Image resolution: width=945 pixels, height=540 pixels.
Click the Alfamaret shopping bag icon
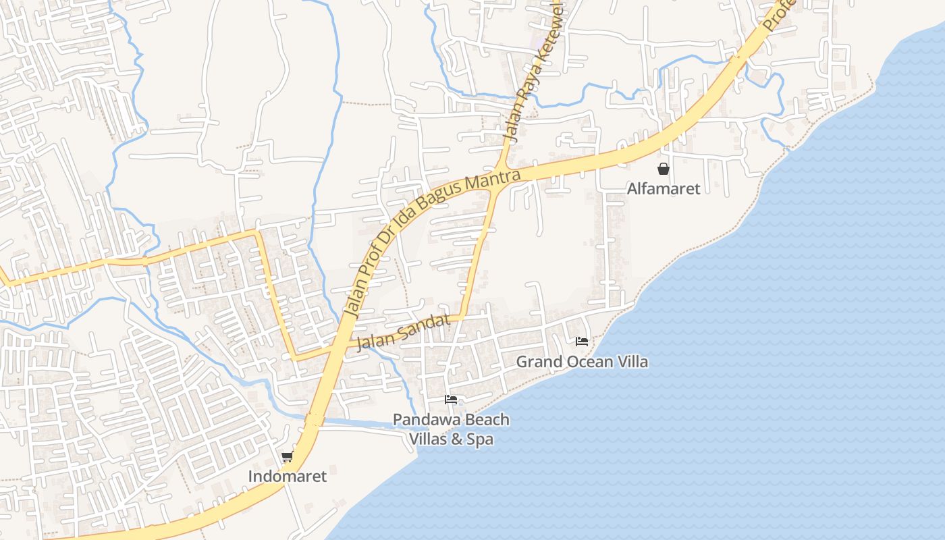[664, 169]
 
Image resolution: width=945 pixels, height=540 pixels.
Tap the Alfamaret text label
[664, 188]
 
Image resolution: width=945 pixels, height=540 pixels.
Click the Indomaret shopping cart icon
[287, 457]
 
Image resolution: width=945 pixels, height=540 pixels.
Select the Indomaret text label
[287, 477]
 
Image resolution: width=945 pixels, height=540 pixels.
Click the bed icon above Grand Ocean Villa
[582, 342]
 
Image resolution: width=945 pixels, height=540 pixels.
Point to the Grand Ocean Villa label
[582, 362]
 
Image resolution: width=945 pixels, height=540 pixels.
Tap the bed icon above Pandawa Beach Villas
[451, 400]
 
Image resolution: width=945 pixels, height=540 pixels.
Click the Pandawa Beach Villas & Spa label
[451, 429]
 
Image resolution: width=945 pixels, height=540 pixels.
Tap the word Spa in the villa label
[478, 439]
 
